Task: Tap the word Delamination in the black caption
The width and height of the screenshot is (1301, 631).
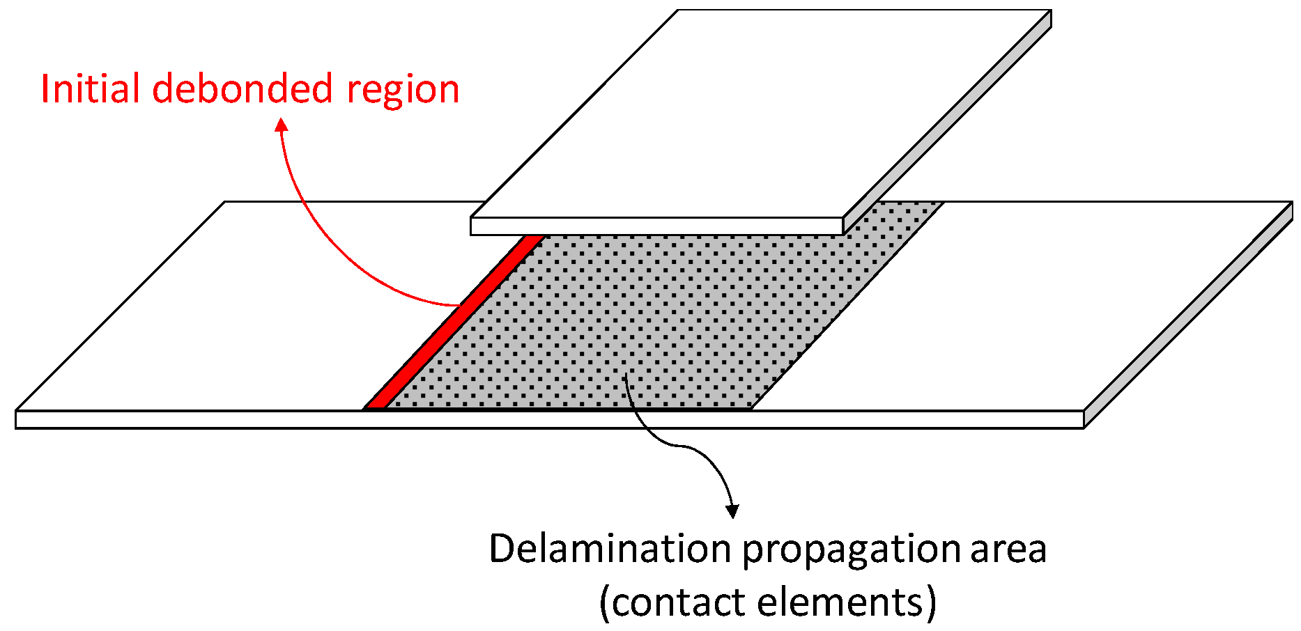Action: coord(610,549)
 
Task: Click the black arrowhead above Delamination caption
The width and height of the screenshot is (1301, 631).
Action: coord(732,511)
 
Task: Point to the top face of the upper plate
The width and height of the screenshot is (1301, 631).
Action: coord(760,111)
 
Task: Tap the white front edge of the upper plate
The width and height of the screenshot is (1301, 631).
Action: coord(655,226)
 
